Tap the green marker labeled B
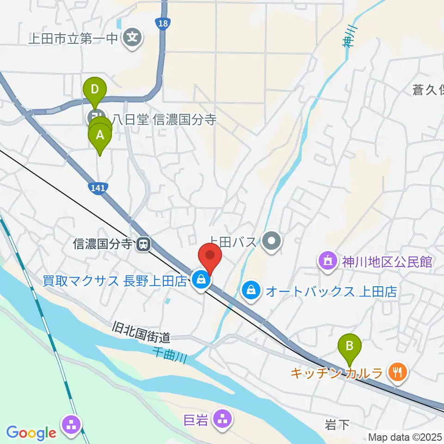(x=350, y=345)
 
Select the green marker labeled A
(x=99, y=136)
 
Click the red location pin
(x=210, y=256)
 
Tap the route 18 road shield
(x=162, y=24)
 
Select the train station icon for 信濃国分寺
(x=144, y=244)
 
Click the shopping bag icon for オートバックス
(x=250, y=291)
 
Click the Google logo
(x=31, y=433)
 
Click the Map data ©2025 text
(x=405, y=437)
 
